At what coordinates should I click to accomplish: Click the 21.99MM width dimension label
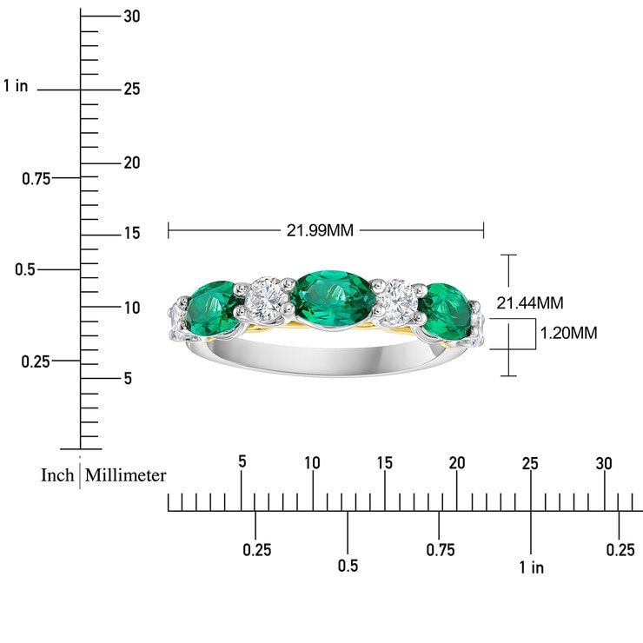pyautogui.click(x=320, y=230)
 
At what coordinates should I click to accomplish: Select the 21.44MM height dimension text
pyautogui.click(x=529, y=303)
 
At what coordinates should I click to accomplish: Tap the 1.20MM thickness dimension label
pyautogui.click(x=568, y=333)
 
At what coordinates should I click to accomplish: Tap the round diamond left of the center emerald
pyautogui.click(x=266, y=297)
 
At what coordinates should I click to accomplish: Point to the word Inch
pyautogui.click(x=57, y=475)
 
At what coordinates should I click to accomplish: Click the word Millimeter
pyautogui.click(x=126, y=475)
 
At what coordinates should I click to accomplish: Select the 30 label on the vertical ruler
pyautogui.click(x=132, y=16)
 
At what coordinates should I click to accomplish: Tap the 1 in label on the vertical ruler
pyautogui.click(x=16, y=85)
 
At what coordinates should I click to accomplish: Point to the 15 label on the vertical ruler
pyautogui.click(x=132, y=233)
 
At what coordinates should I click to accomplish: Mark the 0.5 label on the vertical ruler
pyautogui.click(x=25, y=269)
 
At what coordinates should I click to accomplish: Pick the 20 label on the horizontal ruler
pyautogui.click(x=457, y=462)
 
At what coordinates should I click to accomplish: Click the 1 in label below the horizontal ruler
pyautogui.click(x=531, y=567)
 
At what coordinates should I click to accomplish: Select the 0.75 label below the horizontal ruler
pyautogui.click(x=440, y=549)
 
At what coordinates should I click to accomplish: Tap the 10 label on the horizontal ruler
pyautogui.click(x=313, y=462)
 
